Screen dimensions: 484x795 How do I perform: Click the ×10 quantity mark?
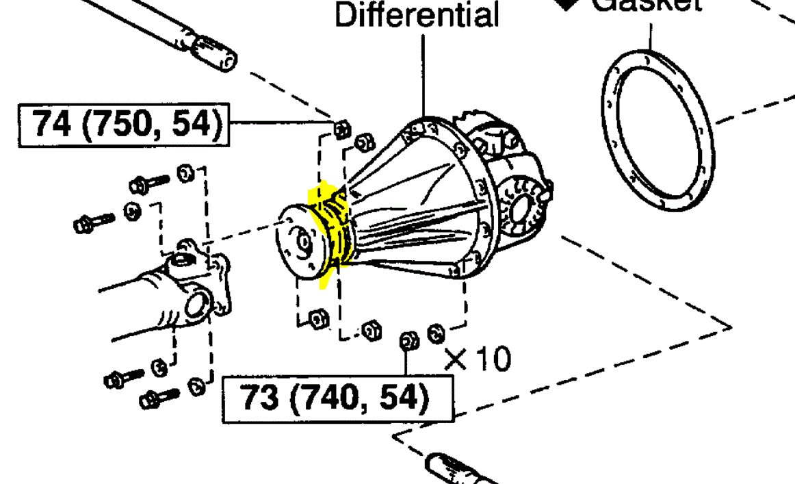[x=477, y=359]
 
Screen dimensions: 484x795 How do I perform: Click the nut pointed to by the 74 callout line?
[x=341, y=128]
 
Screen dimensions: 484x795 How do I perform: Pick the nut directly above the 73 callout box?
[x=408, y=340]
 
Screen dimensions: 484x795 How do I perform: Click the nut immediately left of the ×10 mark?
[x=435, y=333]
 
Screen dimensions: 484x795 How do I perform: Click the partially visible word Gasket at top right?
[x=646, y=4]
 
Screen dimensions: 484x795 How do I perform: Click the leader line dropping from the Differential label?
[x=424, y=75]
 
